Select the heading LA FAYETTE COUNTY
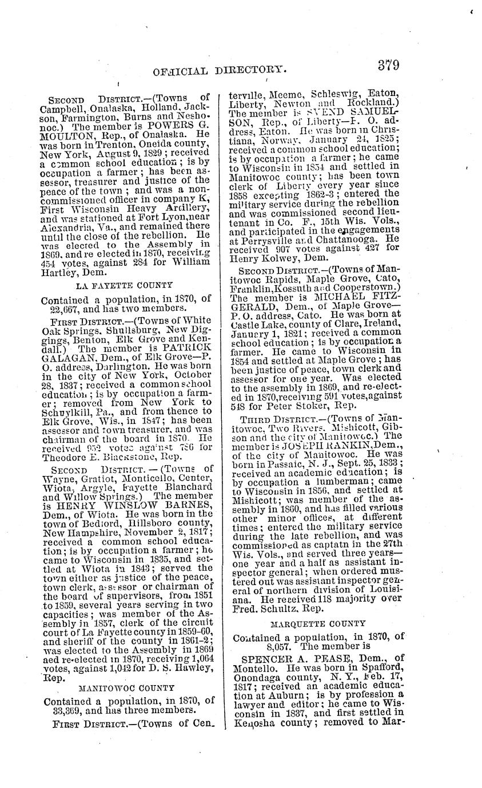pyautogui.click(x=124, y=285)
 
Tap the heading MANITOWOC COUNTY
pyautogui.click(x=126, y=689)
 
